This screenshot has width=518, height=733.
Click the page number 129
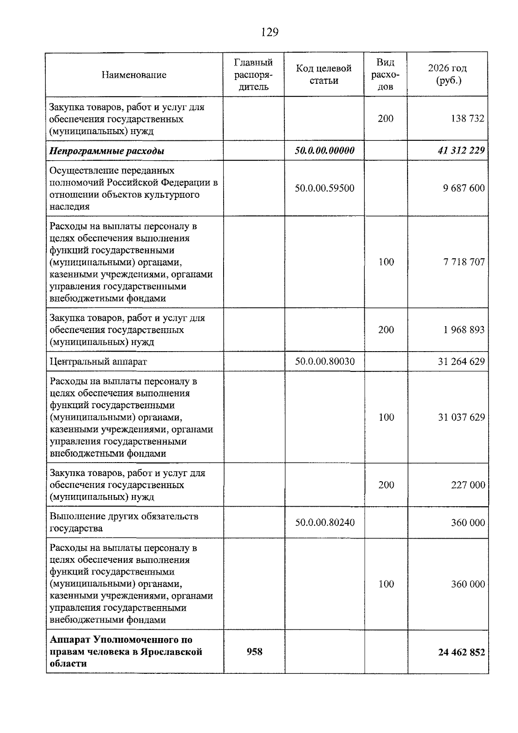[270, 32]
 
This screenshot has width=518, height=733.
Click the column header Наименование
[134, 75]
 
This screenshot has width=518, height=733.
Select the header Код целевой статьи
[324, 74]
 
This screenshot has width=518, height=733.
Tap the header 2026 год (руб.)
[447, 74]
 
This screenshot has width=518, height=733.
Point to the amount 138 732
[467, 119]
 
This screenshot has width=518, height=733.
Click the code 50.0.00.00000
[325, 150]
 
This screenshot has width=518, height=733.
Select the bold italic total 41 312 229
[461, 150]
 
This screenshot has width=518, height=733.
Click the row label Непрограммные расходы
[107, 151]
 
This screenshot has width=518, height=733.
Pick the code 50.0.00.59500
[325, 188]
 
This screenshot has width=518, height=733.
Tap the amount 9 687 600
[464, 188]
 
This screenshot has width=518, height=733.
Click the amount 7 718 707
[464, 262]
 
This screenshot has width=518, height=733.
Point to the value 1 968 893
[464, 330]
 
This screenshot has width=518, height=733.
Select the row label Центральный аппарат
[98, 362]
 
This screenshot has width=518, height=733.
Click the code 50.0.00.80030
[325, 362]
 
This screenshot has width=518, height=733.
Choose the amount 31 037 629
[461, 417]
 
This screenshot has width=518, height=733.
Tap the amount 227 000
[468, 485]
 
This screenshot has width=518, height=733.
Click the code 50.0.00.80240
[325, 523]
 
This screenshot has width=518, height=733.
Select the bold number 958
[254, 652]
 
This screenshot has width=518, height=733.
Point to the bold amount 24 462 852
[461, 652]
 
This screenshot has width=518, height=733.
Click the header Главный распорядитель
[253, 75]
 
